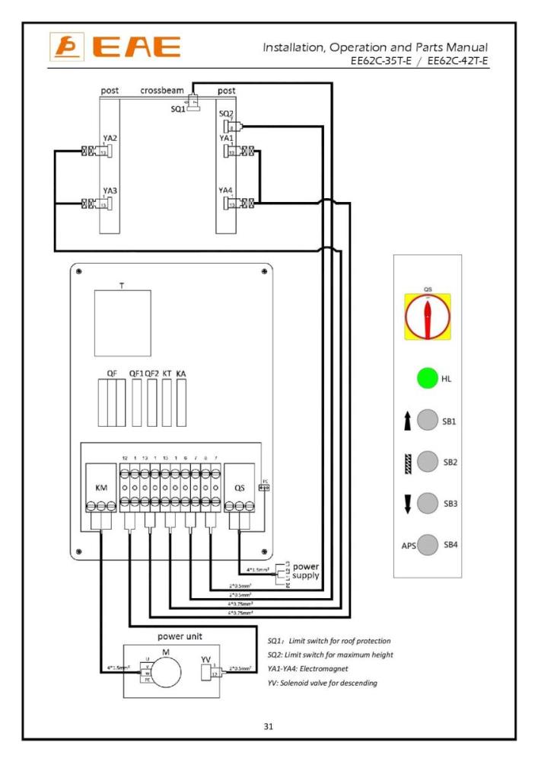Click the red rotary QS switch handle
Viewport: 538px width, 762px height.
coord(427,316)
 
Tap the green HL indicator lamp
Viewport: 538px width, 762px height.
coord(427,379)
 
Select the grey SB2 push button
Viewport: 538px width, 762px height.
coord(428,462)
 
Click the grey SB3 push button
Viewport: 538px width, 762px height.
coord(428,504)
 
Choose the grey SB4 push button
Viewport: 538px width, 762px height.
coord(428,546)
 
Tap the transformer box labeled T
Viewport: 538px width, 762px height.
coord(122,317)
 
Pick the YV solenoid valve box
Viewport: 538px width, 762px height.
coord(205,672)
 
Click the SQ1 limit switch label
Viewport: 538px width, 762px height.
coord(178,107)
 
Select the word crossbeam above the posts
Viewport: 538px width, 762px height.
coord(160,91)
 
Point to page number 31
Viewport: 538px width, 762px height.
coord(269,726)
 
